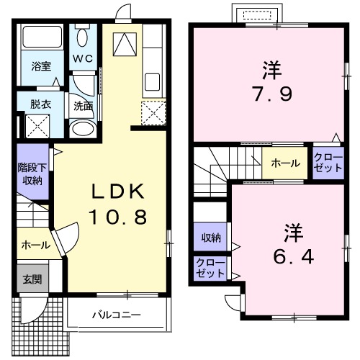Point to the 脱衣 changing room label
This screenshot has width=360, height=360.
40,104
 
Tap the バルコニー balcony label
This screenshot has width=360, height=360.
115,315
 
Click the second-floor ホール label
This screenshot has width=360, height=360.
285,163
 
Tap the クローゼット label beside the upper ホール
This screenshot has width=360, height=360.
328,162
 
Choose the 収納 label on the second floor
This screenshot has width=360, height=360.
210,238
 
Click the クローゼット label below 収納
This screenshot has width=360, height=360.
210,269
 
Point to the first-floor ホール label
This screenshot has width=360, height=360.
35,245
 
